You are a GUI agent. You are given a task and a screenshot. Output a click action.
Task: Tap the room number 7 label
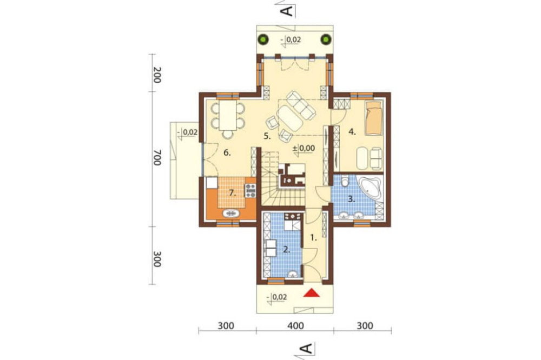pyautogui.click(x=233, y=193)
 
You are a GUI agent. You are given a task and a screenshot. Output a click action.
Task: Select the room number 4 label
pyautogui.click(x=352, y=131)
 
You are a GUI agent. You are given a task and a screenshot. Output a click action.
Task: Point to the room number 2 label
pyautogui.click(x=286, y=250)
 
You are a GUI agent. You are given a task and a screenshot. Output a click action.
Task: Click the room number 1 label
pyautogui.click(x=313, y=237)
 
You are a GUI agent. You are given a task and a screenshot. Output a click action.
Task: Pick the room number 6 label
pyautogui.click(x=227, y=152)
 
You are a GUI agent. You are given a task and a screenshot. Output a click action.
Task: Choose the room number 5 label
pyautogui.click(x=267, y=136)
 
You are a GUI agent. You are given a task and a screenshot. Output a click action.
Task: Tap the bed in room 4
pyautogui.click(x=374, y=118)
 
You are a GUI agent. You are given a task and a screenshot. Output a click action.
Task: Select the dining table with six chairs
pyautogui.click(x=228, y=117)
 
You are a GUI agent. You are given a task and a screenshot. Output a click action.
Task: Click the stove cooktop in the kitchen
pyautogui.click(x=250, y=191)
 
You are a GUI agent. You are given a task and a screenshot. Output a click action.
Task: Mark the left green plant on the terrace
pyautogui.click(x=264, y=39)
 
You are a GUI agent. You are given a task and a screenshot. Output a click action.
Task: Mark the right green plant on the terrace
pyautogui.click(x=325, y=39)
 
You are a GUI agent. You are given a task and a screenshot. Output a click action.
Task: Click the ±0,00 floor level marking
pyautogui.click(x=304, y=148)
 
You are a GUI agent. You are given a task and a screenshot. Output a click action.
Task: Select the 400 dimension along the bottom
pyautogui.click(x=296, y=325)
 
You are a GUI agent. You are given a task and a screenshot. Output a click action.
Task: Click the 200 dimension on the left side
pyautogui.click(x=157, y=75)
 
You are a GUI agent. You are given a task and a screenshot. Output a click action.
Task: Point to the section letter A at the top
pyautogui.click(x=287, y=10)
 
